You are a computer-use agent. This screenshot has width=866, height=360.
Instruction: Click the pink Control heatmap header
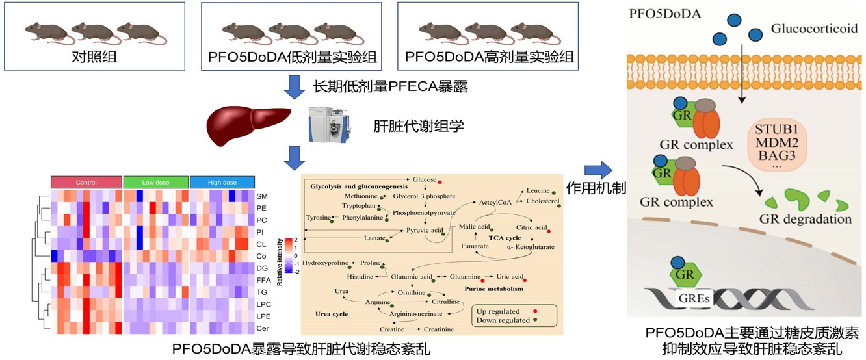coord(86,183)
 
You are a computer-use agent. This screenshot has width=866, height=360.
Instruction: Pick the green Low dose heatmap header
coord(155,183)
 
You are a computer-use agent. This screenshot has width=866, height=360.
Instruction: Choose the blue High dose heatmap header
coord(222,183)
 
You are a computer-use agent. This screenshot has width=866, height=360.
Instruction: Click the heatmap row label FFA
coord(263,280)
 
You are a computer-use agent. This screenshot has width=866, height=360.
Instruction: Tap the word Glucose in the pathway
coord(423,179)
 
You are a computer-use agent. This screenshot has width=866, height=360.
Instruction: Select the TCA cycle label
coord(505,238)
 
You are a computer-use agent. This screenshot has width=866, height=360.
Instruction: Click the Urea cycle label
coord(331,314)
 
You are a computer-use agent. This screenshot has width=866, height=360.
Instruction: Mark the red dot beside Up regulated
coord(534,312)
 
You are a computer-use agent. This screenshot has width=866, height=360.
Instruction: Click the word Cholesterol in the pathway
coord(542,201)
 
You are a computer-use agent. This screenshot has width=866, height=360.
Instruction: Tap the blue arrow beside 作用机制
coord(597,171)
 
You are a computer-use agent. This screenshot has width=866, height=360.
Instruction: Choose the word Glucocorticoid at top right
coord(813,29)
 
